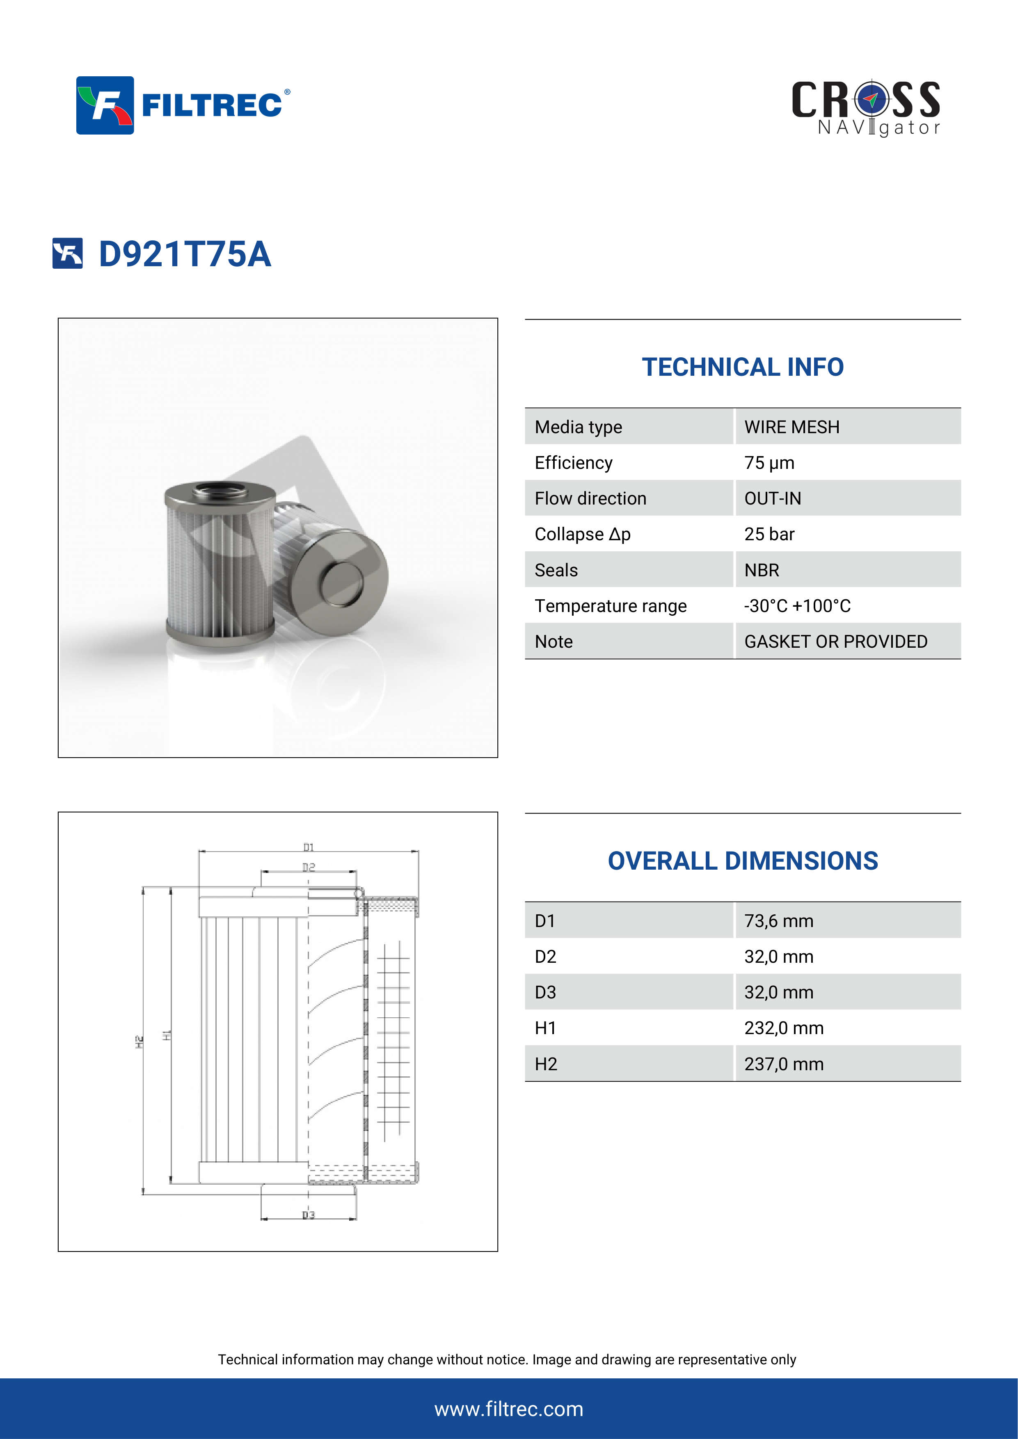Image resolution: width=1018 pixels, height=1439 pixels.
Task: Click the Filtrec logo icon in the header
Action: (105, 105)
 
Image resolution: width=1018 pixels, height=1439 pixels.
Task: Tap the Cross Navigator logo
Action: (866, 108)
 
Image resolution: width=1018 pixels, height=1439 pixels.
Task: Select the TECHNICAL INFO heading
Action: (742, 367)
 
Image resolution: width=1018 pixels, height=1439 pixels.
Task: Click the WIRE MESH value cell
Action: (791, 427)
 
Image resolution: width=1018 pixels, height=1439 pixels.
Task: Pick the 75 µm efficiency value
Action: (769, 463)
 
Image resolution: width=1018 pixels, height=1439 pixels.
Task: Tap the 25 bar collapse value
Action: (769, 534)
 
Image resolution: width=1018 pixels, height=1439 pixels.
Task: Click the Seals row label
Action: (556, 570)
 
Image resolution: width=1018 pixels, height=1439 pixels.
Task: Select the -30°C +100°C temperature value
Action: (797, 605)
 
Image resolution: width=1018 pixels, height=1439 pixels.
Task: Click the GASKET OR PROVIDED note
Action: (835, 641)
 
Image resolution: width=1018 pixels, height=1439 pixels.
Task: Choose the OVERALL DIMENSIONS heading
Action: (742, 861)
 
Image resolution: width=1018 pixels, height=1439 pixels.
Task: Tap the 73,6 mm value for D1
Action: (778, 921)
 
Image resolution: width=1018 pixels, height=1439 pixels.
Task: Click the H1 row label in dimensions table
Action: (545, 1028)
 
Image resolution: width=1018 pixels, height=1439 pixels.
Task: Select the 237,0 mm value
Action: (784, 1064)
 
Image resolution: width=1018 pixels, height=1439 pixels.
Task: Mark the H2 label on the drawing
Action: (139, 1042)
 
